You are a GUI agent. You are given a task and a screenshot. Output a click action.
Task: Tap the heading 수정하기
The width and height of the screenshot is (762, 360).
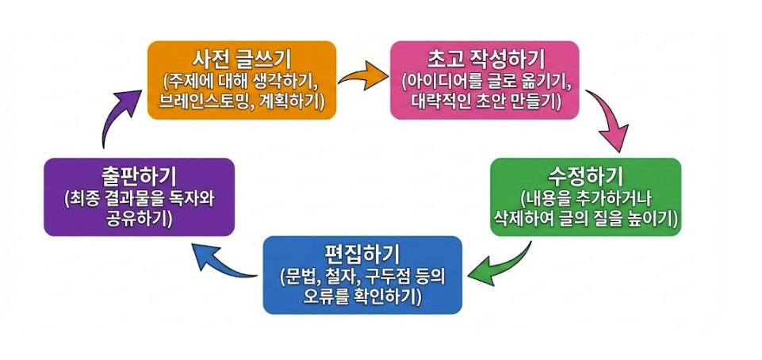585,174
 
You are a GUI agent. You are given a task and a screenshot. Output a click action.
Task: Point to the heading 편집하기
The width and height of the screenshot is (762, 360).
362,254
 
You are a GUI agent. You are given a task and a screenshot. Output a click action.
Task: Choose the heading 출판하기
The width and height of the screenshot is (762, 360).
140,174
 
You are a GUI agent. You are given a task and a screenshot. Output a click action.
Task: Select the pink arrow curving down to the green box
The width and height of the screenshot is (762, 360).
610,119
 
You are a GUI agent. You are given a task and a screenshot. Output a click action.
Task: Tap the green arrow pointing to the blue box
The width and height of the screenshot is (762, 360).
500,266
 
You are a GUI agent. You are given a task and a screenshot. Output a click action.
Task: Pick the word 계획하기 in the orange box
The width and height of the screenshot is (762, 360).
289,102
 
